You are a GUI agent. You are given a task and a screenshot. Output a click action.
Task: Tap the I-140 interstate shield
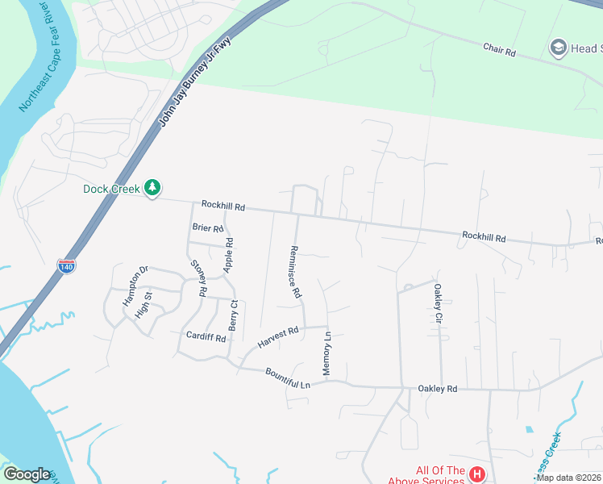point(66,267)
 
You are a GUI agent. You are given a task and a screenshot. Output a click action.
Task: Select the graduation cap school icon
point(557,48)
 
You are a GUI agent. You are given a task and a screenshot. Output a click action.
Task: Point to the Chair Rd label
point(499,50)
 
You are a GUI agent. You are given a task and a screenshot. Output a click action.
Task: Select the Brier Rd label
point(207,228)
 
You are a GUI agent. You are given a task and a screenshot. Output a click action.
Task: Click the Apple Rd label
point(230,253)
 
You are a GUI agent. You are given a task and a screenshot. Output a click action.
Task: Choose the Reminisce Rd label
point(295,273)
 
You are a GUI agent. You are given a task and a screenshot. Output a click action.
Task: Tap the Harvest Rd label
point(278,336)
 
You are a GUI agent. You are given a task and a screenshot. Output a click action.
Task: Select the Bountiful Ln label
point(288,378)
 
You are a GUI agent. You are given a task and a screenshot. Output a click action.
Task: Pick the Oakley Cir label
point(439,303)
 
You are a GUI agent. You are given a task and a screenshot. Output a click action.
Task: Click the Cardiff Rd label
point(206,336)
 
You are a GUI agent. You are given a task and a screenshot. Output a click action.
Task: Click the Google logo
point(27,474)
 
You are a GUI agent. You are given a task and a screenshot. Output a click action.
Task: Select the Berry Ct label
point(233,315)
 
